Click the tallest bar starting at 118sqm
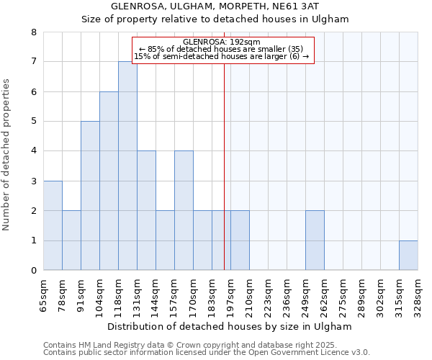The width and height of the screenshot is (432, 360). pyautogui.click(x=127, y=166)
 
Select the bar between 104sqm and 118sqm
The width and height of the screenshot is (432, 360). pyautogui.click(x=109, y=181)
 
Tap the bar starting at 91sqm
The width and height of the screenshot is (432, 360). pyautogui.click(x=90, y=196)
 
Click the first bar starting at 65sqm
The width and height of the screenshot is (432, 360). pyautogui.click(x=53, y=225)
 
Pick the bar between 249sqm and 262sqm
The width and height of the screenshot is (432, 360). pyautogui.click(x=315, y=240)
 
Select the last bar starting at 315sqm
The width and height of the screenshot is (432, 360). pyautogui.click(x=408, y=256)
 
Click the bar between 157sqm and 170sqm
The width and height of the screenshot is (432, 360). pyautogui.click(x=184, y=210)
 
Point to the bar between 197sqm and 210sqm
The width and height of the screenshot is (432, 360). pyautogui.click(x=240, y=240)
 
